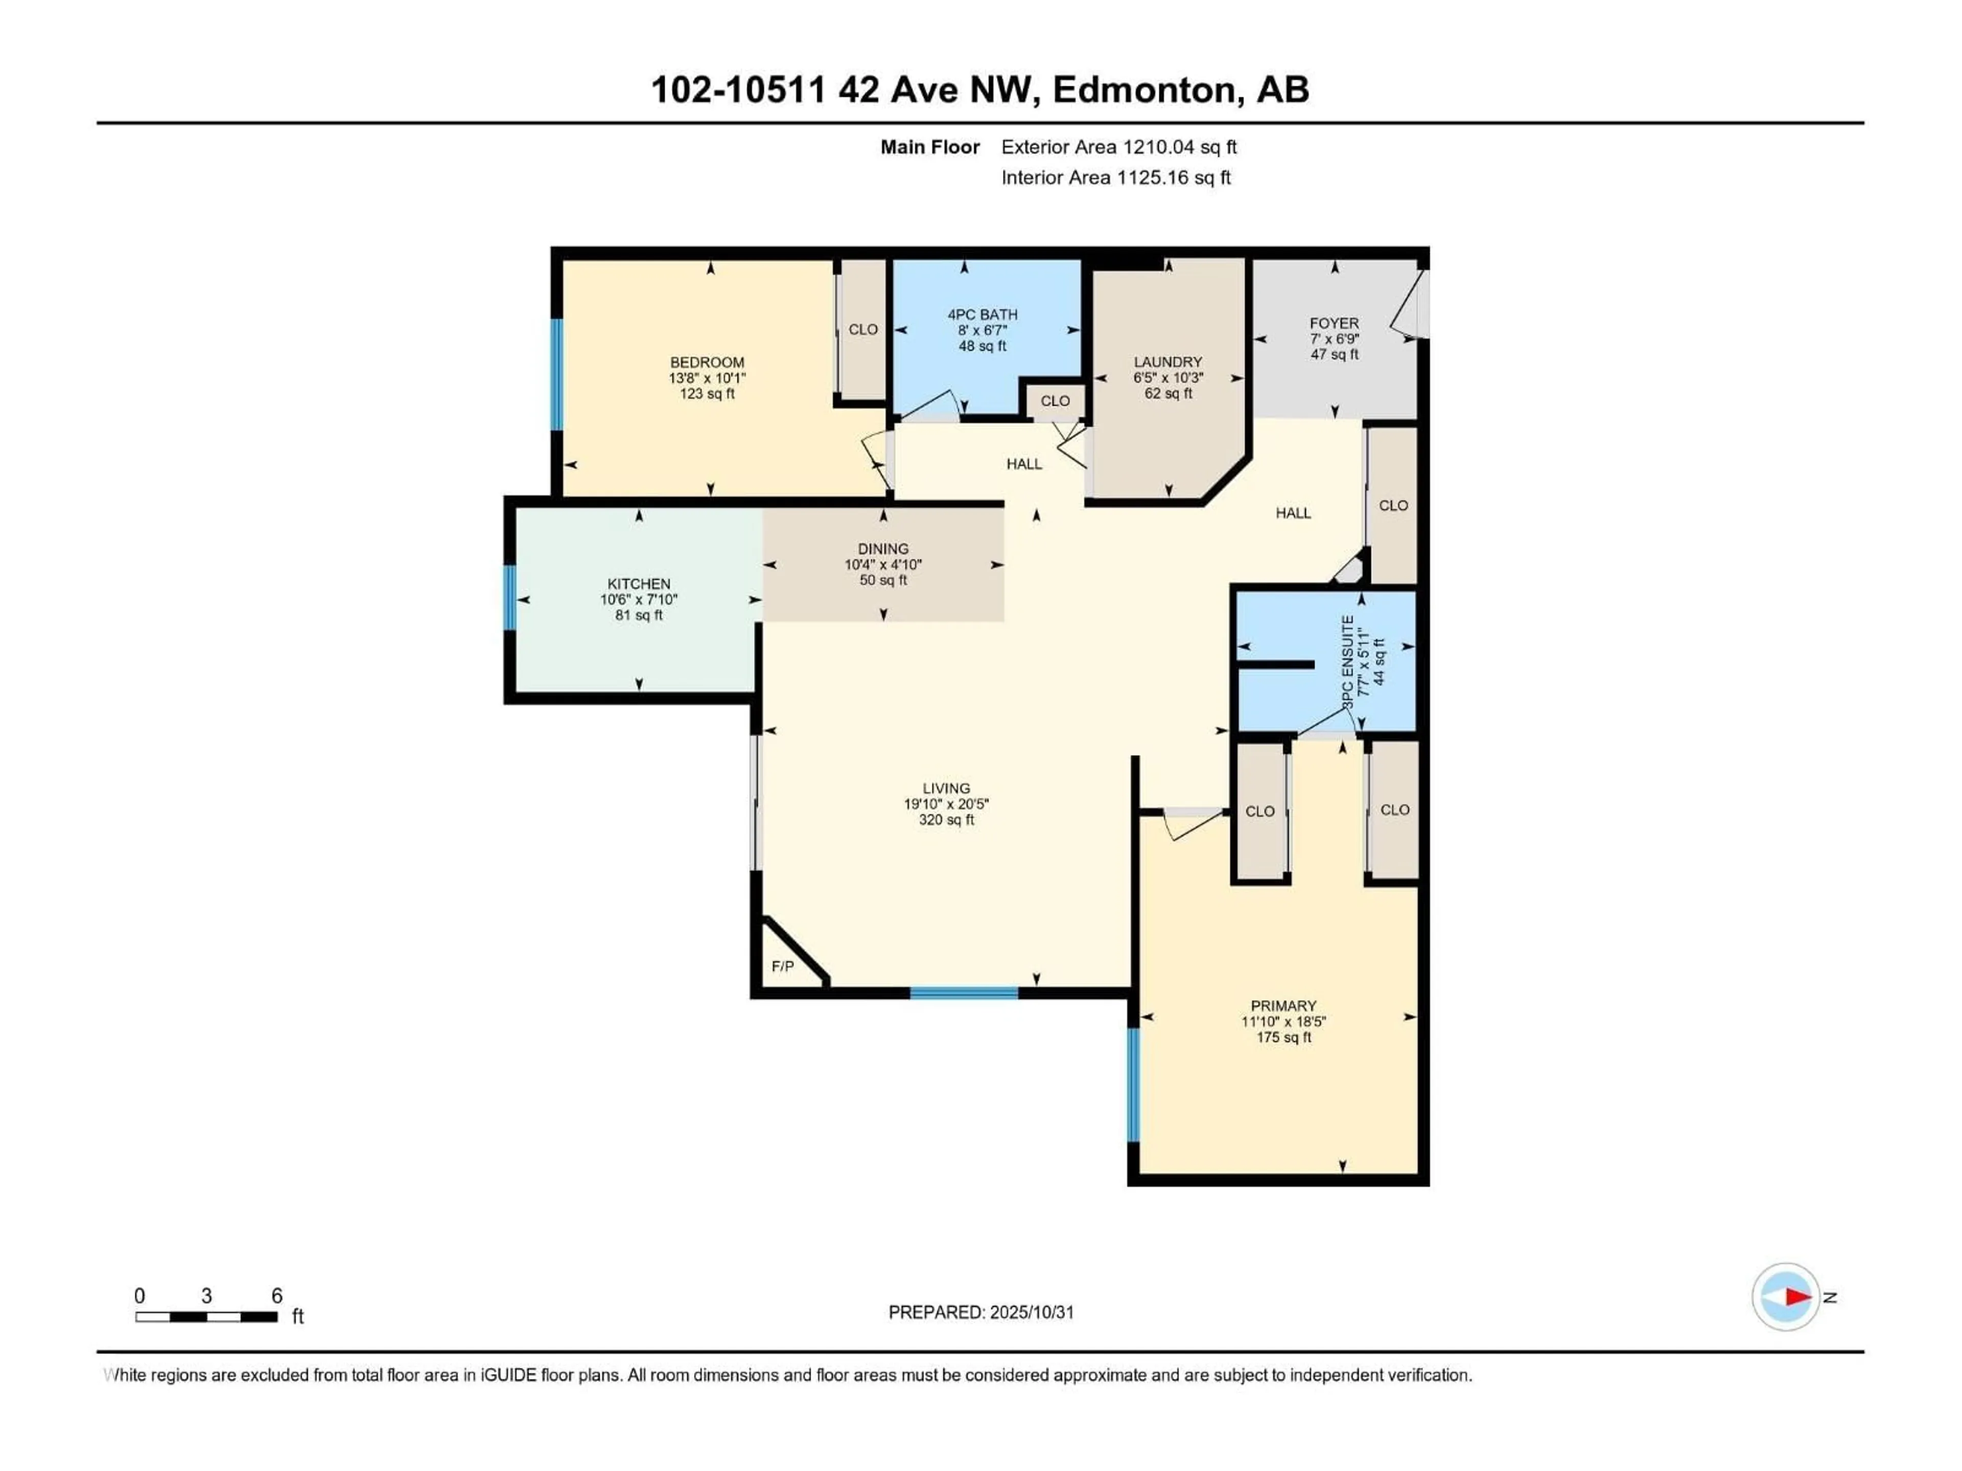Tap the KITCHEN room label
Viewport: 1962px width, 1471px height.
pyautogui.click(x=639, y=583)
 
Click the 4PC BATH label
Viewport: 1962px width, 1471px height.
pyautogui.click(x=982, y=314)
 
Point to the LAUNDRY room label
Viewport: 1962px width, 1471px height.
pyautogui.click(x=1167, y=362)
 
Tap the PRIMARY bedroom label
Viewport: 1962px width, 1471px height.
pyautogui.click(x=1282, y=1006)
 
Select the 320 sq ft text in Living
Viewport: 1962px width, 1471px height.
pyautogui.click(x=946, y=820)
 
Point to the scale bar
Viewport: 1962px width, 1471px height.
pyautogui.click(x=206, y=1317)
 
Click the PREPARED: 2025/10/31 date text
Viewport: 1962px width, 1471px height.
pyautogui.click(x=981, y=1312)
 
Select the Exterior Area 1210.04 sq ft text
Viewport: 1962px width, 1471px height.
pyautogui.click(x=1118, y=147)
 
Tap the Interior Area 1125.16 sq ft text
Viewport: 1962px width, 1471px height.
pyautogui.click(x=1116, y=177)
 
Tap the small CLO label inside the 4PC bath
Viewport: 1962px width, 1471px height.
pyautogui.click(x=1055, y=401)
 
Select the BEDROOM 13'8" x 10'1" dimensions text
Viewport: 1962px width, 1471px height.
pyautogui.click(x=707, y=378)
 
